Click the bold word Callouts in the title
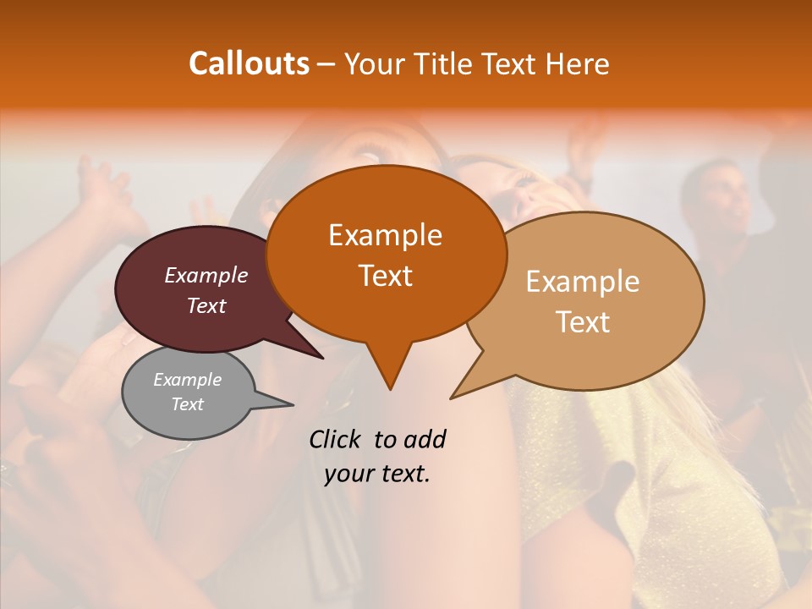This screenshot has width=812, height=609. click(x=250, y=63)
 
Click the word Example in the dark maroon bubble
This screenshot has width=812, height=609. click(x=206, y=275)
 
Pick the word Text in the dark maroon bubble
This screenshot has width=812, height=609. click(x=206, y=305)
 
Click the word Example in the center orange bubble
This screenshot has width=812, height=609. click(x=385, y=235)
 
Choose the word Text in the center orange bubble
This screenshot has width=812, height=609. click(x=385, y=276)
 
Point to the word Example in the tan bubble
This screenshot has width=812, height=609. click(x=583, y=282)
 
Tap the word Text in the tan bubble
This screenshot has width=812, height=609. click(x=583, y=322)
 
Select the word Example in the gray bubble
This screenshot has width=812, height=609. click(x=187, y=380)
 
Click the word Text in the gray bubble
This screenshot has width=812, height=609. click(x=187, y=404)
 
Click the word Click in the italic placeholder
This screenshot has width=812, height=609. click(x=336, y=439)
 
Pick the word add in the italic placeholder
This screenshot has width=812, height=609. click(x=425, y=439)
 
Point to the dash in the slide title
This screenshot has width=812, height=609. click(x=327, y=64)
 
